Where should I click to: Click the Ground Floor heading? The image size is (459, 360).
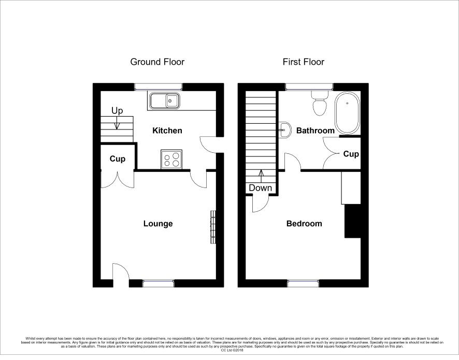[x=157, y=62]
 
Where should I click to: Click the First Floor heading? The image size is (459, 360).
[x=303, y=62]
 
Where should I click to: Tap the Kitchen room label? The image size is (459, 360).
[x=167, y=131]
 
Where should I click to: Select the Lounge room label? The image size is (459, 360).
[x=158, y=224]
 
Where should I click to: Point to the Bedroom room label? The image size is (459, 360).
[x=304, y=224]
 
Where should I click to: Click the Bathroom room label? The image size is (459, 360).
[x=315, y=131]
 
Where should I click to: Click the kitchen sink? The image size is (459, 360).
[x=165, y=101]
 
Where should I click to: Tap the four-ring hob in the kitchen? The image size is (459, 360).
[x=171, y=160]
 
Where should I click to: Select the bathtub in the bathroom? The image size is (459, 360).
[x=347, y=113]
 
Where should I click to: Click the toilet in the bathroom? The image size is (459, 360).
[x=319, y=103]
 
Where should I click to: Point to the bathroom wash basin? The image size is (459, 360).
[x=284, y=129]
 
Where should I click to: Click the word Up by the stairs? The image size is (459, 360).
[x=117, y=111]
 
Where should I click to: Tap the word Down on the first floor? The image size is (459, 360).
[x=260, y=188]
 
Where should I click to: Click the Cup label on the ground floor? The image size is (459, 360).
[x=118, y=159]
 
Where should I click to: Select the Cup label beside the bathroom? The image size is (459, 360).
[x=351, y=154]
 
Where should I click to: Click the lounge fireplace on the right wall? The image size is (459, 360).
[x=213, y=227]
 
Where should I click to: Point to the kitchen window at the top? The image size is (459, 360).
[x=159, y=87]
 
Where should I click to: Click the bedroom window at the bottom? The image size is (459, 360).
[x=303, y=283]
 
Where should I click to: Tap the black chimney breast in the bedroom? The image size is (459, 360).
[x=352, y=221]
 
